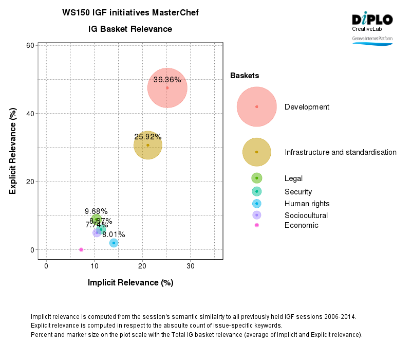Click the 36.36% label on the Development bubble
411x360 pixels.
pos(167,80)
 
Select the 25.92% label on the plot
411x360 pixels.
pos(148,137)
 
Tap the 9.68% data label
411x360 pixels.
pos(96,211)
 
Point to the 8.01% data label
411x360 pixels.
pos(114,235)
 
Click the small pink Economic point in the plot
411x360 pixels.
pos(81,249)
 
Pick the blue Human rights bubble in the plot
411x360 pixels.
pos(114,243)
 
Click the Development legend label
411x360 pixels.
pos(307,107)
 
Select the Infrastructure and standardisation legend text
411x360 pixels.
pos(340,152)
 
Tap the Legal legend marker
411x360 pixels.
pos(257,178)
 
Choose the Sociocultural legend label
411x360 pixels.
pos(306,215)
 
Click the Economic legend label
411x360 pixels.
pos(301,225)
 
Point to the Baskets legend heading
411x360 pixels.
pos(245,76)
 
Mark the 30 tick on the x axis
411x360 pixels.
pos(190,266)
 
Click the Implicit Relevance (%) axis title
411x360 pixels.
pos(130,282)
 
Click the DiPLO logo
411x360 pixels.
pos(372,20)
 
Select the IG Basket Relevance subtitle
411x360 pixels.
pos(130,29)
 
